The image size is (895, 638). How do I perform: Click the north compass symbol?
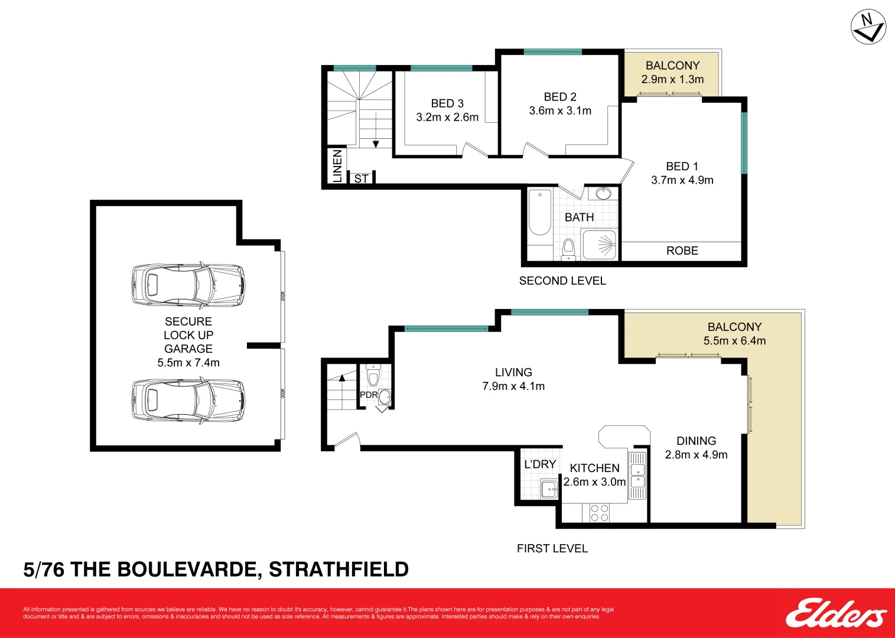(868, 27)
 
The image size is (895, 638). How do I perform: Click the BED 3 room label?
(447, 103)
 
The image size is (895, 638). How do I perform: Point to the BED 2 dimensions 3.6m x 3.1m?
(560, 110)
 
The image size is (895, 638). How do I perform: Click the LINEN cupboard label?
(337, 165)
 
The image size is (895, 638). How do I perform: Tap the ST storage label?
(361, 178)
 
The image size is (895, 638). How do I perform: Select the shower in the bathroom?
(600, 245)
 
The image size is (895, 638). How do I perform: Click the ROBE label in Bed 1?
(682, 250)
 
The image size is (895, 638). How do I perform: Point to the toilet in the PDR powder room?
(373, 376)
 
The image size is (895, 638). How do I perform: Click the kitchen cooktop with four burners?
(599, 513)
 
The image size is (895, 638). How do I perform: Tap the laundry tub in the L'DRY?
(549, 489)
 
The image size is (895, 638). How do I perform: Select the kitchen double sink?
(637, 476)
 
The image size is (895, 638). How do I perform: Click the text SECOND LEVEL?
(562, 281)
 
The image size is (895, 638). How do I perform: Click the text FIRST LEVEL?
(552, 548)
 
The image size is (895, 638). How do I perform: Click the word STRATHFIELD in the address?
(339, 569)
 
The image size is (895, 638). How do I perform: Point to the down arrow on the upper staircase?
(376, 144)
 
